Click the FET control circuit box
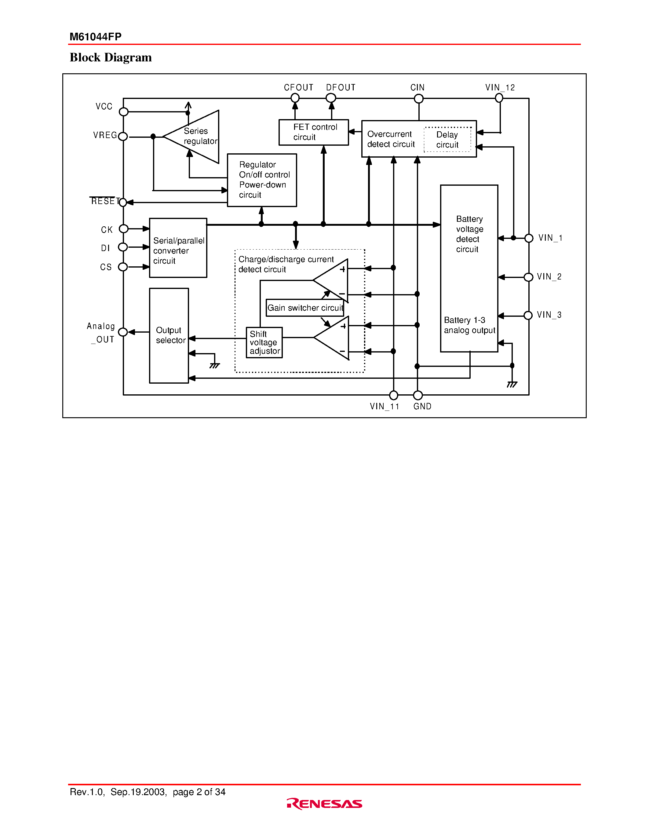(x=313, y=132)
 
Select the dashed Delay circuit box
(x=447, y=140)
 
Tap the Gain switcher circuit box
(x=304, y=308)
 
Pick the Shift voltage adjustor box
(x=264, y=342)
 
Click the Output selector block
(x=169, y=335)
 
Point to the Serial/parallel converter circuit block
(x=178, y=248)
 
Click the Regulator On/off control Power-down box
(x=262, y=180)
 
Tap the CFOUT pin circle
(x=295, y=98)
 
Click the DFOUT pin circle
(x=331, y=98)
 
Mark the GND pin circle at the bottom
(x=417, y=395)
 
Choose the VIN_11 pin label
(x=384, y=407)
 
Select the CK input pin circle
(x=123, y=229)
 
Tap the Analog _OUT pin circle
(x=123, y=332)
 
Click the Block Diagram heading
(x=111, y=57)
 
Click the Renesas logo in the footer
(x=324, y=803)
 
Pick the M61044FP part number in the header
(x=95, y=37)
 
